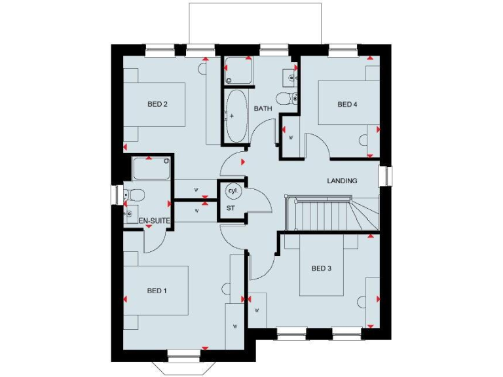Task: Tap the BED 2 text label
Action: (x=157, y=104)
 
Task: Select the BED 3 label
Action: (x=322, y=268)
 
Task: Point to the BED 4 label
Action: (x=348, y=104)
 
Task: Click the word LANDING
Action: (x=342, y=181)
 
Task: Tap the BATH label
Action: (x=263, y=109)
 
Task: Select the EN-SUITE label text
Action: (x=155, y=221)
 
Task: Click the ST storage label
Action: (x=231, y=207)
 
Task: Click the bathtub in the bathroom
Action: (x=235, y=116)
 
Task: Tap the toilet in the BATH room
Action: (x=286, y=99)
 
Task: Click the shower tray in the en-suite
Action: (x=151, y=169)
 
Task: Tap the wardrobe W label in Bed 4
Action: (x=290, y=137)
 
